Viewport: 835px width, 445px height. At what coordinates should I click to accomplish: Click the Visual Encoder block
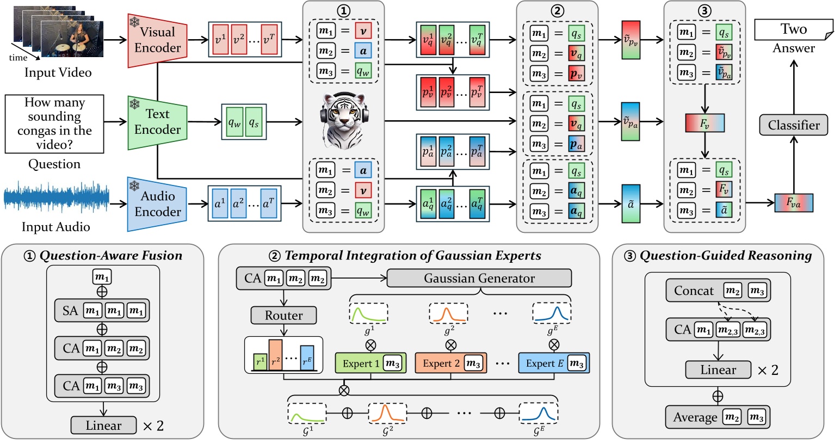(157, 40)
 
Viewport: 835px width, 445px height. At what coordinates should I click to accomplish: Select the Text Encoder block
(157, 122)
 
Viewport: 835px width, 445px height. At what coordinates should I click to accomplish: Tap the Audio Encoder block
(157, 204)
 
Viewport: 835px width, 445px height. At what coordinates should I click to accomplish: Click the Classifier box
(793, 125)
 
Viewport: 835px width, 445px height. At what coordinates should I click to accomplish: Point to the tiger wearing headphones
(343, 121)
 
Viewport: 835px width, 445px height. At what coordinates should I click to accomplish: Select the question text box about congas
(54, 123)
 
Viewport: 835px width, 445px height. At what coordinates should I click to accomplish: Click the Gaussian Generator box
(479, 278)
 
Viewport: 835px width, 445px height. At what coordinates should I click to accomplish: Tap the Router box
(283, 315)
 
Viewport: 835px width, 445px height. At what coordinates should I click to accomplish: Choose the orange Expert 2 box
(450, 363)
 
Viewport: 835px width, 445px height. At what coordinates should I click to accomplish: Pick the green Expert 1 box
(370, 363)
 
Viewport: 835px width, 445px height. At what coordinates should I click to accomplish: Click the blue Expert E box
(554, 363)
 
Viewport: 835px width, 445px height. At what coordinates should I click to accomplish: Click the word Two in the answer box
(793, 29)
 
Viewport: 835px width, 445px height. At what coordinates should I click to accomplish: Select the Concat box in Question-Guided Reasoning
(718, 291)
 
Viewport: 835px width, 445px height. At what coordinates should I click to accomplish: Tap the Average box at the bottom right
(718, 417)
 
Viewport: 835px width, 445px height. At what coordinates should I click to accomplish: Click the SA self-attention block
(102, 311)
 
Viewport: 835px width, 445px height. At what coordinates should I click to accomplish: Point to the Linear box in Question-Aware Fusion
(103, 425)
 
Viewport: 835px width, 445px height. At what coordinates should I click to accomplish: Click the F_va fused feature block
(793, 203)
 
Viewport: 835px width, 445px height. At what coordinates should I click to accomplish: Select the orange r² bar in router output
(275, 355)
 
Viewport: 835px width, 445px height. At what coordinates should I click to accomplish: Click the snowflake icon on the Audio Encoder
(134, 186)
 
